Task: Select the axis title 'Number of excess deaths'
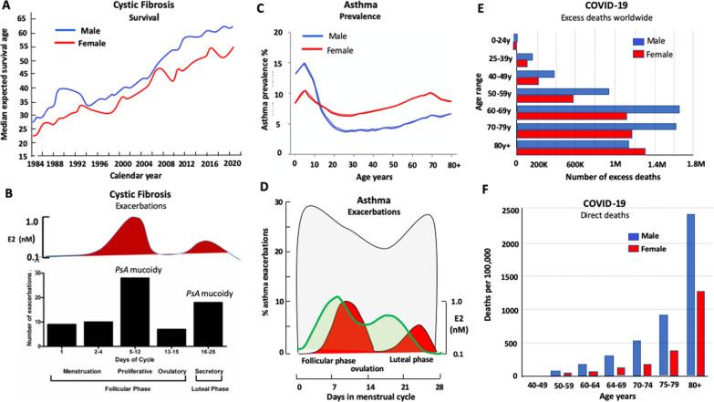605,178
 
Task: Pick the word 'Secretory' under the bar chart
198,372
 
